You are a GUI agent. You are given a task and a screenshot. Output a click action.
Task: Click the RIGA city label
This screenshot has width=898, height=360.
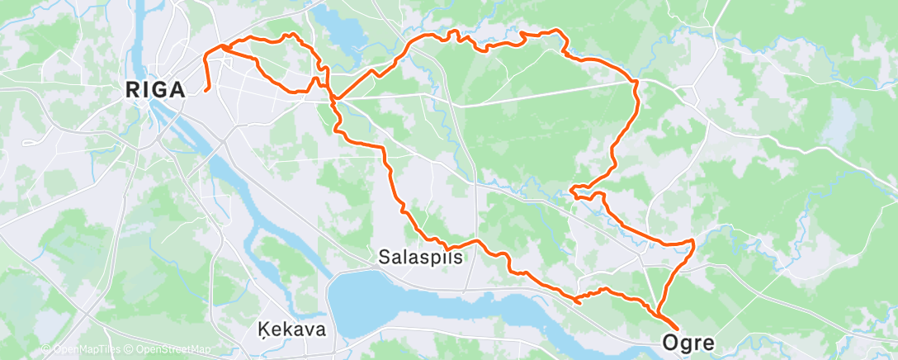[x=154, y=91]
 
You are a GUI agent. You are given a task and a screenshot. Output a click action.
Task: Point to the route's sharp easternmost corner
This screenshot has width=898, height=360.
[x=693, y=241]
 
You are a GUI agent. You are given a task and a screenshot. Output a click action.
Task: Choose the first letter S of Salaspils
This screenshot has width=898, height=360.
[x=384, y=257]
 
